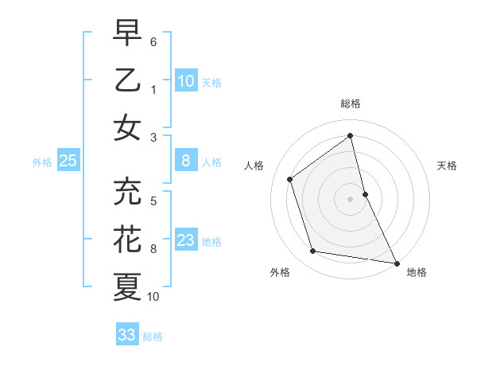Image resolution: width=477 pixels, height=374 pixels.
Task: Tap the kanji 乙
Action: coord(127,80)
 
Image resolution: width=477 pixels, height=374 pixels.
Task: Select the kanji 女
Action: coord(127,127)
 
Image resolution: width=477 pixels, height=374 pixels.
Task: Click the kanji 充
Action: coord(127,191)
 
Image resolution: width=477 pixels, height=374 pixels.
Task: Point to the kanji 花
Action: coord(127,239)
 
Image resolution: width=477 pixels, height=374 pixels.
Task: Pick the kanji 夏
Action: coord(127,286)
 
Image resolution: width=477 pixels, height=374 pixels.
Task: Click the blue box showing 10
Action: coord(186,80)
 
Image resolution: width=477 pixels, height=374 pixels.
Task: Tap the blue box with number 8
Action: coord(186,161)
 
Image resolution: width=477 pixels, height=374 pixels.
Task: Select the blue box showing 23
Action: coord(186,240)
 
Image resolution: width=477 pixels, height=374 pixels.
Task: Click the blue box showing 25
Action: coord(68,161)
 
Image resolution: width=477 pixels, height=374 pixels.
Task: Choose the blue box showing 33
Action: coord(127,335)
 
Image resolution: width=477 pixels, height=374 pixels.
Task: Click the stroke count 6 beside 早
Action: coord(153,41)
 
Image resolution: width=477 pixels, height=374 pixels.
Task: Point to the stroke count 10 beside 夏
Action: coord(153,297)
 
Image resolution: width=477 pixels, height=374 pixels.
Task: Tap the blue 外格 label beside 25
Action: coord(42,162)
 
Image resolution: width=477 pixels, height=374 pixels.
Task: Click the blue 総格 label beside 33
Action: coord(153,337)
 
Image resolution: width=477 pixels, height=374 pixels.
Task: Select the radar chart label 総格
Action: coord(351,104)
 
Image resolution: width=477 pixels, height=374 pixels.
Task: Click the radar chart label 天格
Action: coord(448,166)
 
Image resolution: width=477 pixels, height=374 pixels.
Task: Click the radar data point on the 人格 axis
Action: coord(290,179)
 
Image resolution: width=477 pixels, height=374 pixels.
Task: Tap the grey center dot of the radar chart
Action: coord(351,198)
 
